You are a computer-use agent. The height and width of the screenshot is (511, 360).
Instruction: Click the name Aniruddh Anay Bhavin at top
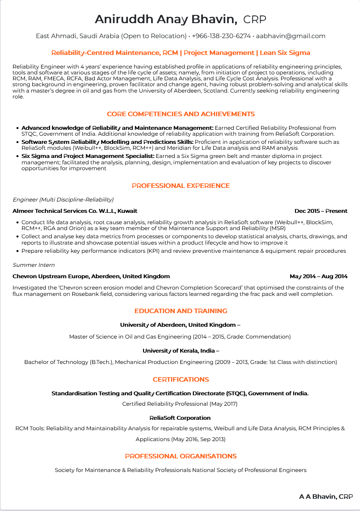(166, 20)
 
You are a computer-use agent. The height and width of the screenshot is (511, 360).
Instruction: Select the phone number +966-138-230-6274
(221, 36)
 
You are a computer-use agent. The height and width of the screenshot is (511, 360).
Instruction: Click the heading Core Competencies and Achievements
(181, 114)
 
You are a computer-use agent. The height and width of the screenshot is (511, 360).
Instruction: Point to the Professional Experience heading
(181, 186)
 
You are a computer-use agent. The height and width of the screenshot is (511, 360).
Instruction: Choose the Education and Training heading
(181, 311)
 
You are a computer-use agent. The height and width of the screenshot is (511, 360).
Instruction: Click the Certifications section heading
(181, 379)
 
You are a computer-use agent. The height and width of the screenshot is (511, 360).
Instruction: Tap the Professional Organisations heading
(181, 456)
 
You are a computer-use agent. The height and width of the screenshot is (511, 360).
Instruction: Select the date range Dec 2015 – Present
(321, 211)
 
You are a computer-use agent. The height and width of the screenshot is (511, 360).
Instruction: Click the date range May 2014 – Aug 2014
(318, 276)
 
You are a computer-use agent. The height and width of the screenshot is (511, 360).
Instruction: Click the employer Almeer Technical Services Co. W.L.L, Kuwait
(75, 211)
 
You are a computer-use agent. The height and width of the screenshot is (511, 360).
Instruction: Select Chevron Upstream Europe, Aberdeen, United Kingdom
(91, 276)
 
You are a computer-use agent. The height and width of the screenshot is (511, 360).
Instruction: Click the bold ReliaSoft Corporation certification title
(180, 418)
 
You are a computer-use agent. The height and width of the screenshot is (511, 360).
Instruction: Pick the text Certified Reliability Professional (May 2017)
(180, 404)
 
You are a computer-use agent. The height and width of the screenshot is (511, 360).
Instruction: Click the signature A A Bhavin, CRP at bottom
(325, 497)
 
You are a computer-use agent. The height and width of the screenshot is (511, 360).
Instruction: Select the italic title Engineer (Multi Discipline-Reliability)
(63, 199)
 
